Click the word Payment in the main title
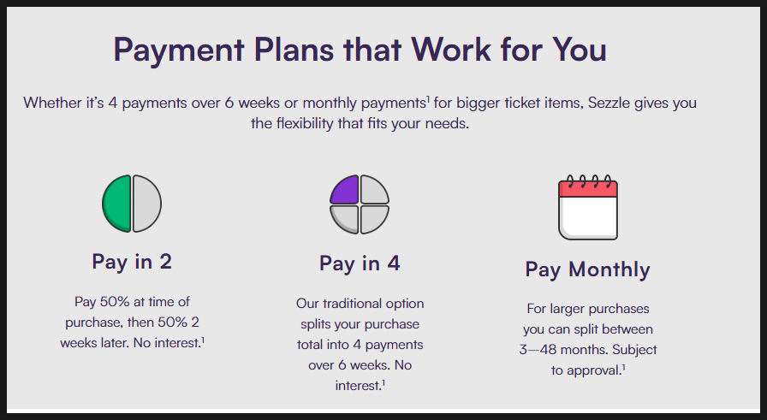pyautogui.click(x=179, y=50)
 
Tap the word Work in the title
pyautogui.click(x=451, y=49)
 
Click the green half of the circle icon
pyautogui.click(x=117, y=204)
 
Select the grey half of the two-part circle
pyautogui.click(x=146, y=204)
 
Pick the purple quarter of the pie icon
pyautogui.click(x=345, y=190)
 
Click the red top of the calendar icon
pyautogui.click(x=588, y=188)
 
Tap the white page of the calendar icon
pyautogui.click(x=588, y=218)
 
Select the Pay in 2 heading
pyautogui.click(x=132, y=262)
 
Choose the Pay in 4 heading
pyautogui.click(x=360, y=263)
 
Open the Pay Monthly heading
pyautogui.click(x=587, y=270)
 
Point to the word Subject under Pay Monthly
pyautogui.click(x=634, y=350)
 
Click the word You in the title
pyautogui.click(x=580, y=49)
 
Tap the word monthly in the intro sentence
pyautogui.click(x=330, y=104)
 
